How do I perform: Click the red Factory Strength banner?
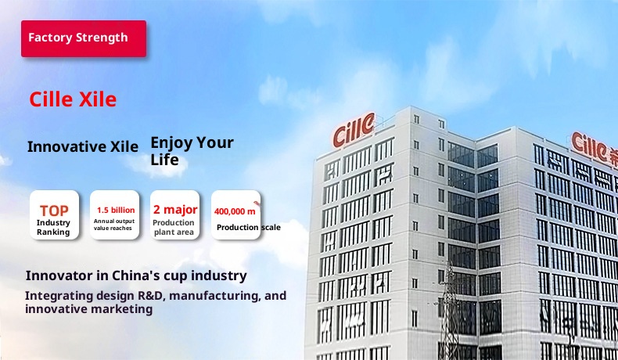[x=84, y=38]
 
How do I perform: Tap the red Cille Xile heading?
[x=73, y=99]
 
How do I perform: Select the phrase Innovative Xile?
[x=83, y=146]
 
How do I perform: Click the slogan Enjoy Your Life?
[x=192, y=151]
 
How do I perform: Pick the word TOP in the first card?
[x=54, y=211]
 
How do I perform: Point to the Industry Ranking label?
[x=53, y=228]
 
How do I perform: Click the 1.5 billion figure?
[x=116, y=211]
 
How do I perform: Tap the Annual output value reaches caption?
[x=114, y=225]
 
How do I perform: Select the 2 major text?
[x=175, y=210]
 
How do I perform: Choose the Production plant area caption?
[x=174, y=228]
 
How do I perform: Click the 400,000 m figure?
[x=235, y=211]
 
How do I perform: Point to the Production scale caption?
[x=249, y=228]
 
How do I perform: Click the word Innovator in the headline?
[x=59, y=275]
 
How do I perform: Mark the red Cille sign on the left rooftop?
[x=354, y=129]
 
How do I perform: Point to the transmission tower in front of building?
[x=449, y=311]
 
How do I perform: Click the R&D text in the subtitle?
[x=150, y=296]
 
